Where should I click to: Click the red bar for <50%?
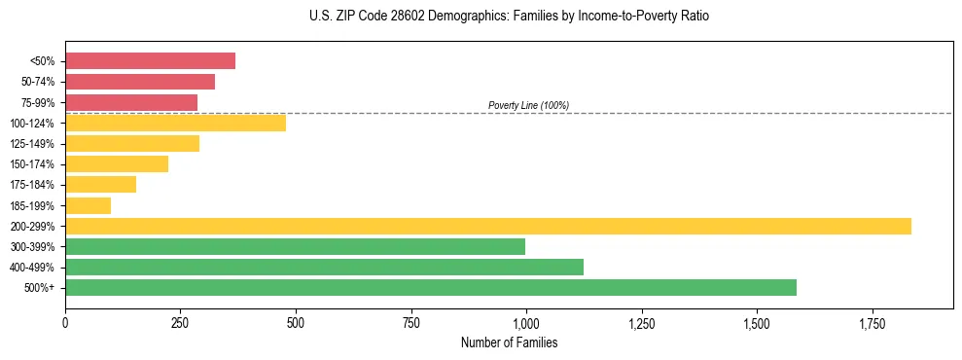point(150,60)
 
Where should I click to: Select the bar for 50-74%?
point(140,82)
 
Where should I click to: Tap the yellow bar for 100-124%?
point(175,123)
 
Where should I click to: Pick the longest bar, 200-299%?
point(487,226)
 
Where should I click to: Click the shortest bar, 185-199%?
point(88,205)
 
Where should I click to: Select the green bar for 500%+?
point(430,287)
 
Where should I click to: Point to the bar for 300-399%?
point(295,246)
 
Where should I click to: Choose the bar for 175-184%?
point(100,185)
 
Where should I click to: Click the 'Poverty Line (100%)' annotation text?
point(528,105)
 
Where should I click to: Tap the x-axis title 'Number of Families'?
point(509,342)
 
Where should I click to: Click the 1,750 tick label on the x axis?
point(873,322)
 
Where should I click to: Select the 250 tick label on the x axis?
point(180,322)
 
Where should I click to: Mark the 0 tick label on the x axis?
point(65,322)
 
